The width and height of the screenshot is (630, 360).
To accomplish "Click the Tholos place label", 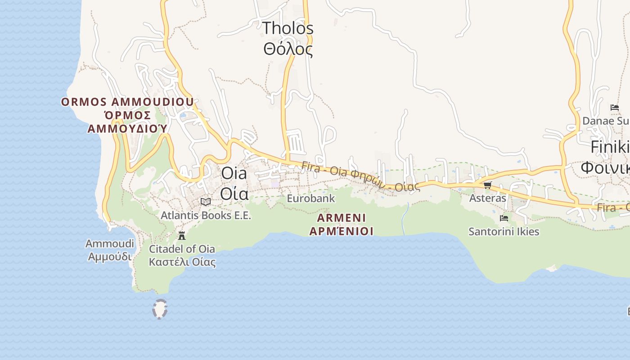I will (x=288, y=28).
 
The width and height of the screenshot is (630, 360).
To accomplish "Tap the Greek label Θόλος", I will (x=288, y=49).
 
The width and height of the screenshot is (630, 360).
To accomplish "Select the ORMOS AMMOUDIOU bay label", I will (x=127, y=102).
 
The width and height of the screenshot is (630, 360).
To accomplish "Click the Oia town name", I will (x=234, y=173).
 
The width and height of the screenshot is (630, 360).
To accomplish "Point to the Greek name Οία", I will (x=234, y=193).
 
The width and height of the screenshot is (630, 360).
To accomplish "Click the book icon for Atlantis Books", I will (x=206, y=202).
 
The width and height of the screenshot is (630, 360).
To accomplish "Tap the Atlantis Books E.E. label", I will (x=206, y=216).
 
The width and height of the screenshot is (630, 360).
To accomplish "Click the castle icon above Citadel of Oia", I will (x=182, y=235).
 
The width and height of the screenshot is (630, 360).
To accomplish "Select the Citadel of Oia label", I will (x=182, y=249).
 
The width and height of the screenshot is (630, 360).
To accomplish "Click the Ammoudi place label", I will (x=110, y=244).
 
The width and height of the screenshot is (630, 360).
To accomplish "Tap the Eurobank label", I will (x=311, y=198).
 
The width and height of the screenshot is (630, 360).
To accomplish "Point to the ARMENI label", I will (x=342, y=218).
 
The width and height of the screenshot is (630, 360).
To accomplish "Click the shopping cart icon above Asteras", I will (x=487, y=185).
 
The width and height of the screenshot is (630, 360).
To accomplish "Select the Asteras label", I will (x=487, y=198).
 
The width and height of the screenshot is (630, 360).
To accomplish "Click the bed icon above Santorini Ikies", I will (x=504, y=218).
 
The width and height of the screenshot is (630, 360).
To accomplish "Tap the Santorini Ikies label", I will (x=504, y=232).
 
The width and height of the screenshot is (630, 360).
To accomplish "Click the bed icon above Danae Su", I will (x=615, y=108).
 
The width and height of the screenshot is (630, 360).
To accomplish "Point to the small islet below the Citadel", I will (x=160, y=309).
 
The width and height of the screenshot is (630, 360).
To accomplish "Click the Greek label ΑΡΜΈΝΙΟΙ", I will (x=342, y=231).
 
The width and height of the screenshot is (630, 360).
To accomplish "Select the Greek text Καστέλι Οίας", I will (x=182, y=262).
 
